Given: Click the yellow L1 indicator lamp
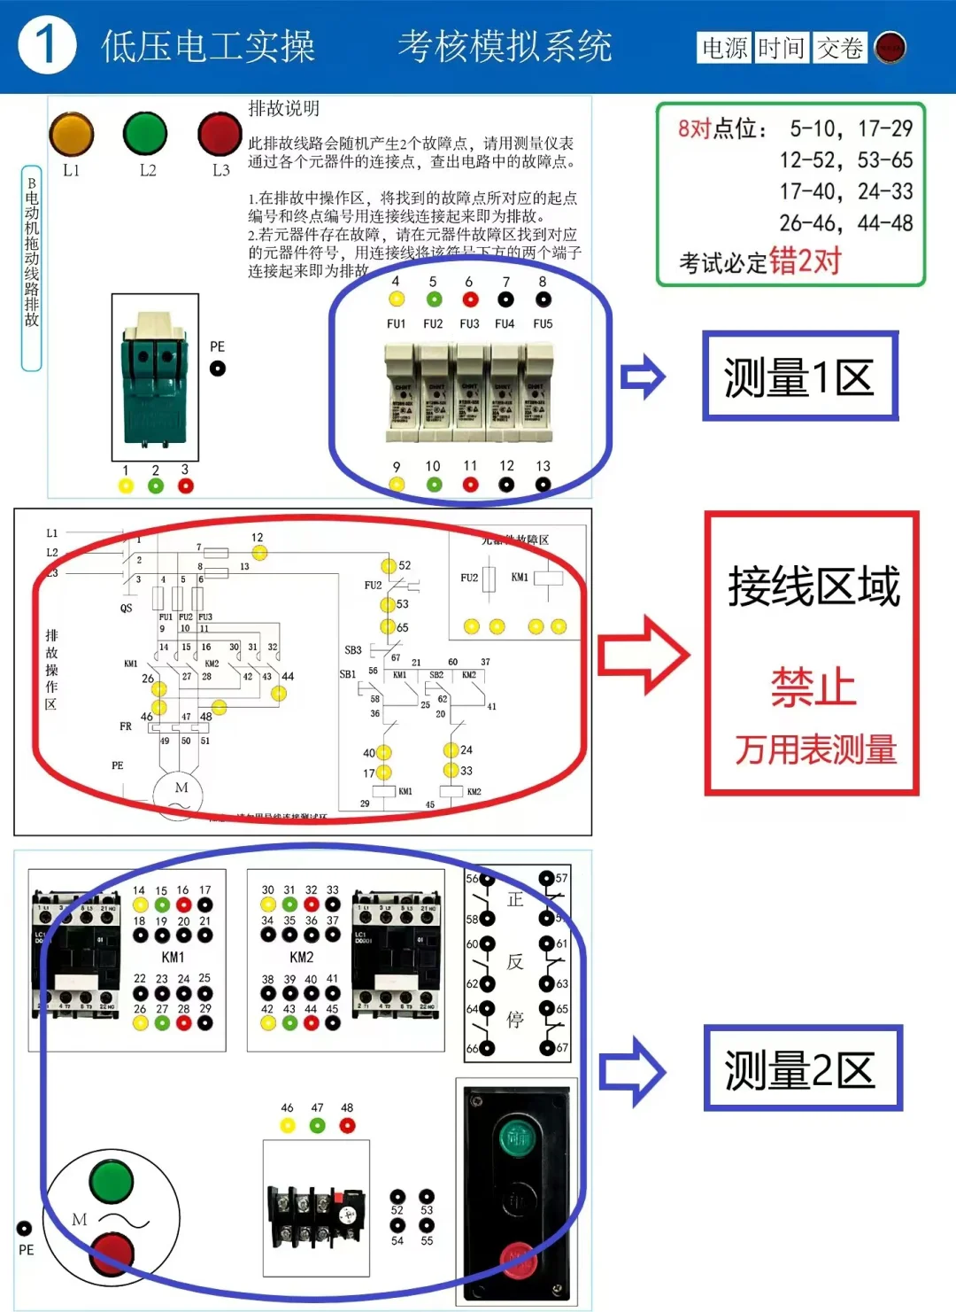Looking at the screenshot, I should (x=72, y=135).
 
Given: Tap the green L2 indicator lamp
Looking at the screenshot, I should (x=145, y=134).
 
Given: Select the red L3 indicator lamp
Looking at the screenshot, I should (x=220, y=134).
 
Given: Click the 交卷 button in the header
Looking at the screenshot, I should (x=839, y=48).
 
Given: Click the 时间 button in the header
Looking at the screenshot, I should (x=781, y=48).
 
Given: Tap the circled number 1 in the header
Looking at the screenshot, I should (x=47, y=45).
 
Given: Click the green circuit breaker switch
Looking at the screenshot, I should (x=155, y=377).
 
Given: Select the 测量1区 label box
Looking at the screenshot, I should (x=800, y=377).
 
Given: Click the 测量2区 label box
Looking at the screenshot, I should (x=802, y=1068).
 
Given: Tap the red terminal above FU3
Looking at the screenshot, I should (x=470, y=299).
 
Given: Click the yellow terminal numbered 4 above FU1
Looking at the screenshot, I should (x=397, y=299).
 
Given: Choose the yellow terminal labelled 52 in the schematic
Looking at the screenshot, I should (x=389, y=565).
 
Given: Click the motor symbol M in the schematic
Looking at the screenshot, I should (x=181, y=789).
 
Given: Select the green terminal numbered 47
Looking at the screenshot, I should (x=318, y=1125).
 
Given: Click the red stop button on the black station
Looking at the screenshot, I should (x=517, y=1258).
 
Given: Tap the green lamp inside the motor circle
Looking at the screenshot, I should (x=112, y=1182).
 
